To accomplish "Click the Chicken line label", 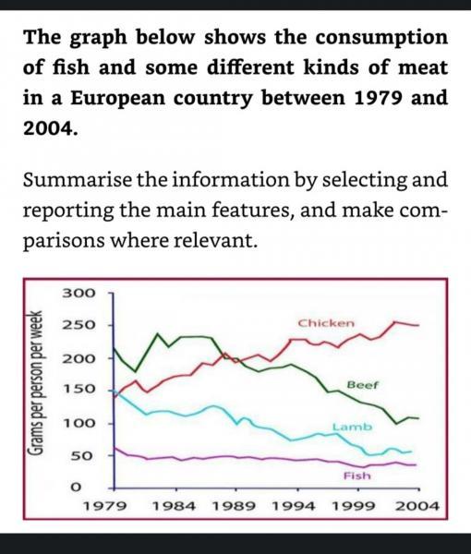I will (x=327, y=323).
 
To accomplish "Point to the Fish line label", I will (x=356, y=476).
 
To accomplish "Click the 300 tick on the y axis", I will (x=78, y=293).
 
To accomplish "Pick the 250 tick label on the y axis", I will (x=78, y=326).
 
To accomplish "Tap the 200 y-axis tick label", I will (x=78, y=358).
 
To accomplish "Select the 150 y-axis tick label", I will (x=78, y=391).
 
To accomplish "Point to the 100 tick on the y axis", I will (x=78, y=424).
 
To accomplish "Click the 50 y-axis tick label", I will (x=83, y=456).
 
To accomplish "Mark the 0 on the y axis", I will (x=78, y=488).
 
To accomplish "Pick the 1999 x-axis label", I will (x=356, y=507).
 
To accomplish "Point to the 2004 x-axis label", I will (x=417, y=507).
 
